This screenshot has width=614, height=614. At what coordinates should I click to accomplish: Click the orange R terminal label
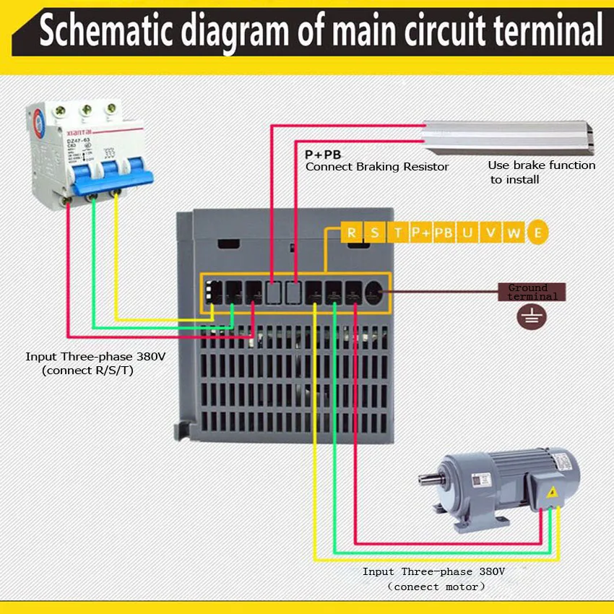pos(351,233)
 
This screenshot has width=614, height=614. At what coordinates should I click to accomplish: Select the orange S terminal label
pos(374,233)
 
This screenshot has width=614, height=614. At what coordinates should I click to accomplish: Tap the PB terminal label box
pos(445,233)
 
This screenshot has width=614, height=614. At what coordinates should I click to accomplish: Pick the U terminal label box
pos(468,233)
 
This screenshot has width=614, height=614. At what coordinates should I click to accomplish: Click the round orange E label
pos(537,233)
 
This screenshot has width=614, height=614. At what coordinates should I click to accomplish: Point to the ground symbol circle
pos(532,316)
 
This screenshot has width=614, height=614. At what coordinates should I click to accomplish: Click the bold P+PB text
pos(322,155)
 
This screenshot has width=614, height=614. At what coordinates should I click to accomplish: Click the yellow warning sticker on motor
pos(552,492)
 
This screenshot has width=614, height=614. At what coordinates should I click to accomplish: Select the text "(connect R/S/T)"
pos(87,371)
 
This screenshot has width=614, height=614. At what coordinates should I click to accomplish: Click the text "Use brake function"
pos(541,165)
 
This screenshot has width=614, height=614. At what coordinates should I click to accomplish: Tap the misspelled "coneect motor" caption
pos(437,587)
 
